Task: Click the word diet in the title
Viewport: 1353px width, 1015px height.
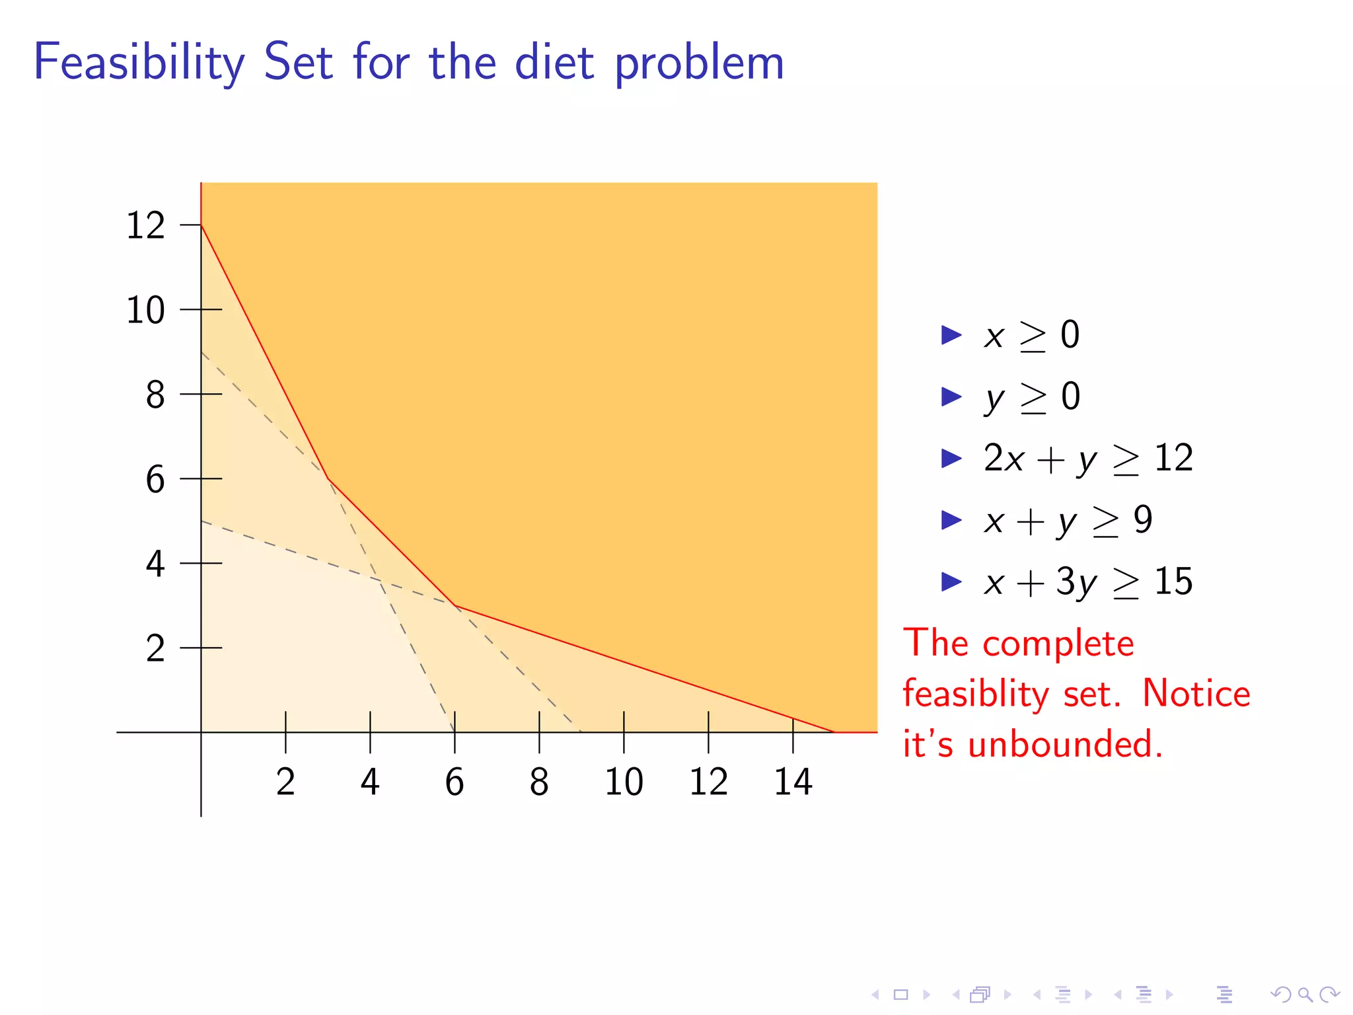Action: [554, 63]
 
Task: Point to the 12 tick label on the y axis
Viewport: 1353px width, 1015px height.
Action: [145, 225]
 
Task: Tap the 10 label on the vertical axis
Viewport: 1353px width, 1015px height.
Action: [145, 310]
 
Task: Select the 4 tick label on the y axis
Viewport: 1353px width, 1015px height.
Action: [155, 564]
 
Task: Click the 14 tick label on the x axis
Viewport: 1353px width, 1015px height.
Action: [793, 782]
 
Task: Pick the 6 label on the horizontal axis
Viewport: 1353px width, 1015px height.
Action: [455, 782]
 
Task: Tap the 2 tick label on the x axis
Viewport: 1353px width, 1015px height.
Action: [285, 782]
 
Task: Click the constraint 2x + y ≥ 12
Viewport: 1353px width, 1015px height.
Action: [1088, 458]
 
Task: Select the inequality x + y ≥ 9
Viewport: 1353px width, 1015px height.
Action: [1068, 520]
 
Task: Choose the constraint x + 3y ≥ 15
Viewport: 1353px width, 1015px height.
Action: [1088, 582]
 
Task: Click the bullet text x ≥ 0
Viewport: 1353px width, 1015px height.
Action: [1031, 335]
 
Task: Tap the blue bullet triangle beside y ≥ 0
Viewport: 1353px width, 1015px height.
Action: [951, 396]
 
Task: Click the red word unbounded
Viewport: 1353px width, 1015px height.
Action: [1065, 744]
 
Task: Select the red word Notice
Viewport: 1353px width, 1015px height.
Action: [1196, 694]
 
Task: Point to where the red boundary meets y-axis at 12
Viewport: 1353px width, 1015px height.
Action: [201, 225]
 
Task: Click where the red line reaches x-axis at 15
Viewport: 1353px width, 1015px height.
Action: [835, 732]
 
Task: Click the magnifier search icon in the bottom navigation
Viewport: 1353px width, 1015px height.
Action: [1305, 994]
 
